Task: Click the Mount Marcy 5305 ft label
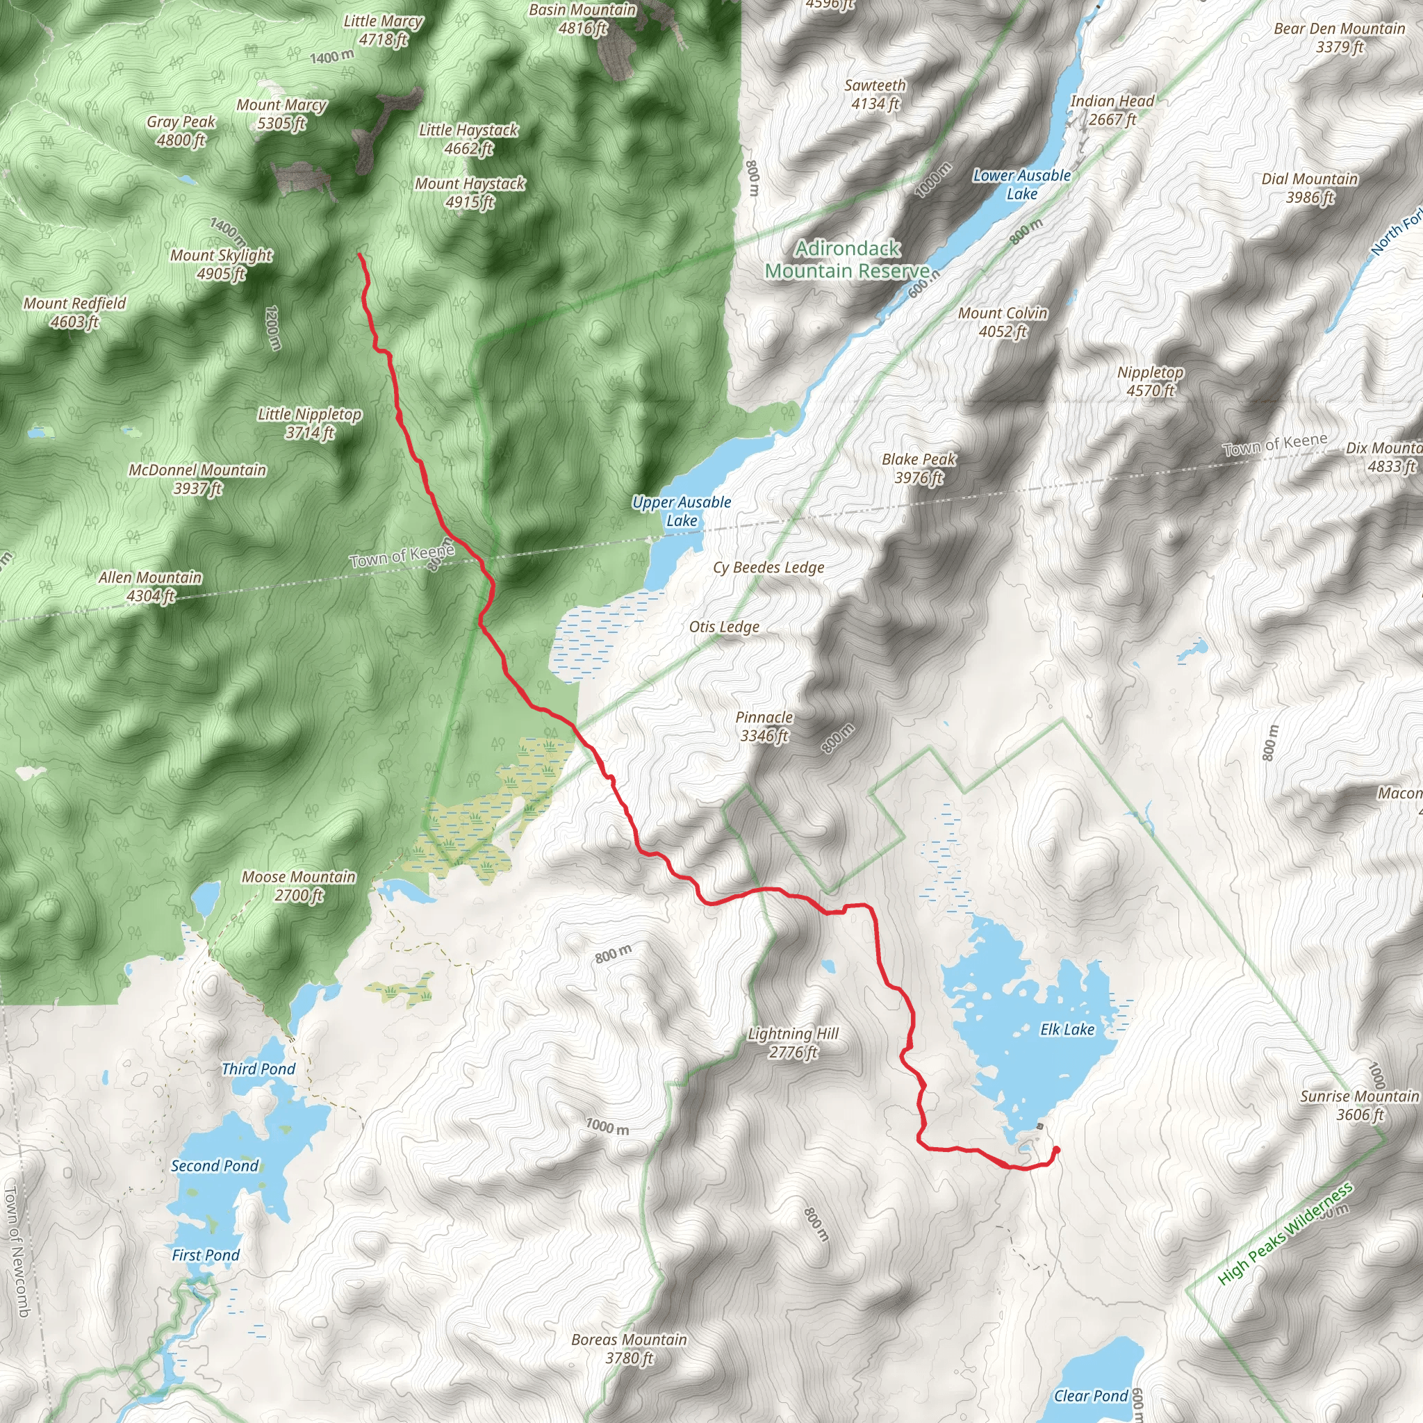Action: [281, 114]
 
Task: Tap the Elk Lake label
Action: [1067, 1029]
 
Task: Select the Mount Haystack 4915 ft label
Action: [470, 192]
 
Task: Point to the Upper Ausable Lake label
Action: [682, 511]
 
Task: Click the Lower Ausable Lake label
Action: [1021, 184]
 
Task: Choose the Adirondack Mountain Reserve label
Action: [847, 259]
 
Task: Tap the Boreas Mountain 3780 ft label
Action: [629, 1349]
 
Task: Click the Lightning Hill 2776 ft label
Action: [793, 1042]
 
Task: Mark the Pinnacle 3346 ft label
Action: [764, 726]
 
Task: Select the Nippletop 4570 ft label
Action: [1150, 381]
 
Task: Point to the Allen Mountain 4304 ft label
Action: [150, 586]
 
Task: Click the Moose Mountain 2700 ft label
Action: [298, 885]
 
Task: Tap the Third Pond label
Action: [258, 1069]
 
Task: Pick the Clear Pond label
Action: [1091, 1396]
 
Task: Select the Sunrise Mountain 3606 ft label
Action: [1359, 1105]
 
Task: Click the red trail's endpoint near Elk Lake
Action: [1056, 1150]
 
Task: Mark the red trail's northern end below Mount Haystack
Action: [359, 255]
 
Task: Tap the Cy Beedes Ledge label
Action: [768, 567]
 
